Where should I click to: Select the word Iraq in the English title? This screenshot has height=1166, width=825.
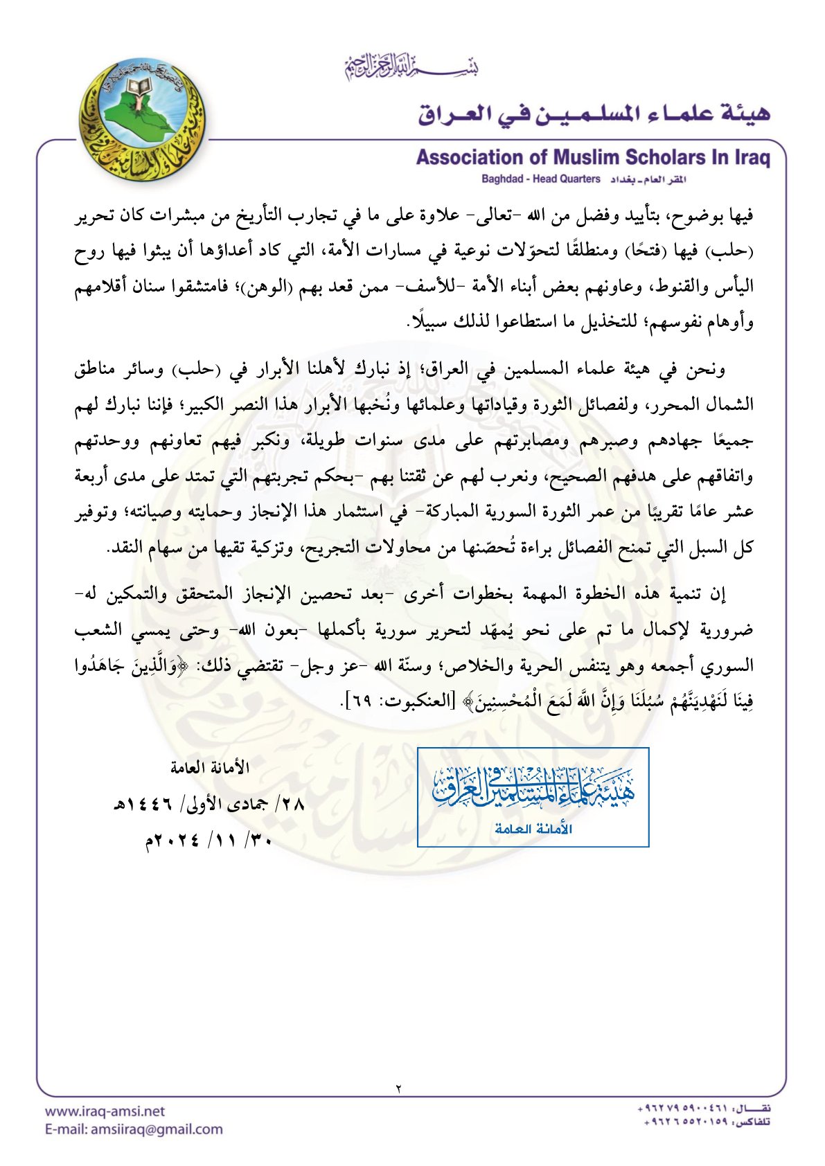coord(751,158)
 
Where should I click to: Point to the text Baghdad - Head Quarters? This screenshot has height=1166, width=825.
coord(540,179)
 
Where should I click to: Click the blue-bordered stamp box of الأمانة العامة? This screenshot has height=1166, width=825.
coord(533,797)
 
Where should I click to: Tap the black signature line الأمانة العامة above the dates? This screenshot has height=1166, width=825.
coord(210,767)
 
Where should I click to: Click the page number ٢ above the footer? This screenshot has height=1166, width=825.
coord(399,1088)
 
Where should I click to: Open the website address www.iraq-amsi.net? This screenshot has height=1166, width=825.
coord(105,1111)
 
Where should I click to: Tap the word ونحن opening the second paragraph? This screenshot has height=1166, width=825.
coord(707,368)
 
